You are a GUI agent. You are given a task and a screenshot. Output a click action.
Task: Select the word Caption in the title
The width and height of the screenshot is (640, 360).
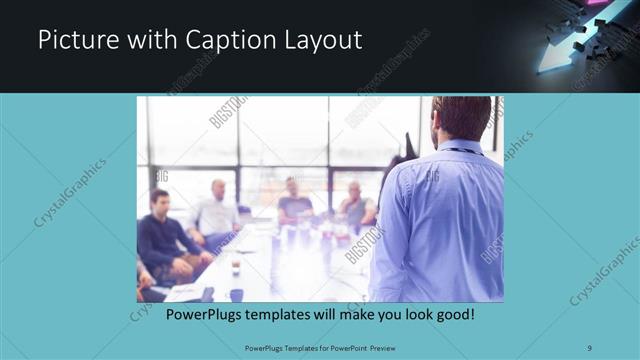[217, 40]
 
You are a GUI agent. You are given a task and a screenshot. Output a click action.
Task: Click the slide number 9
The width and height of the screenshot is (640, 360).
[590, 347]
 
